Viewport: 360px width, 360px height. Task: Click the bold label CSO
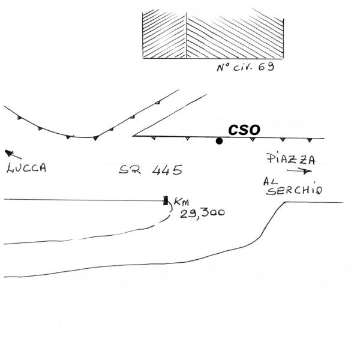click(244, 130)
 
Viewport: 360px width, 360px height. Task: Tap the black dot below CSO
click(220, 141)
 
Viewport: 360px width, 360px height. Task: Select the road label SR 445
click(151, 170)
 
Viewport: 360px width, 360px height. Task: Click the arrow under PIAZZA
click(305, 171)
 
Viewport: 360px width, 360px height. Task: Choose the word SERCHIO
click(295, 191)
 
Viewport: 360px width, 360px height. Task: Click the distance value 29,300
click(201, 211)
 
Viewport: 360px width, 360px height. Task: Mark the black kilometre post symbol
click(165, 200)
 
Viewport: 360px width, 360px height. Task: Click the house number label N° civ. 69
click(245, 67)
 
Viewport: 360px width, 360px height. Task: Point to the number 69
click(266, 67)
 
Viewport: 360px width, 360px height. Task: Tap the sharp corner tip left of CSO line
click(133, 136)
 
